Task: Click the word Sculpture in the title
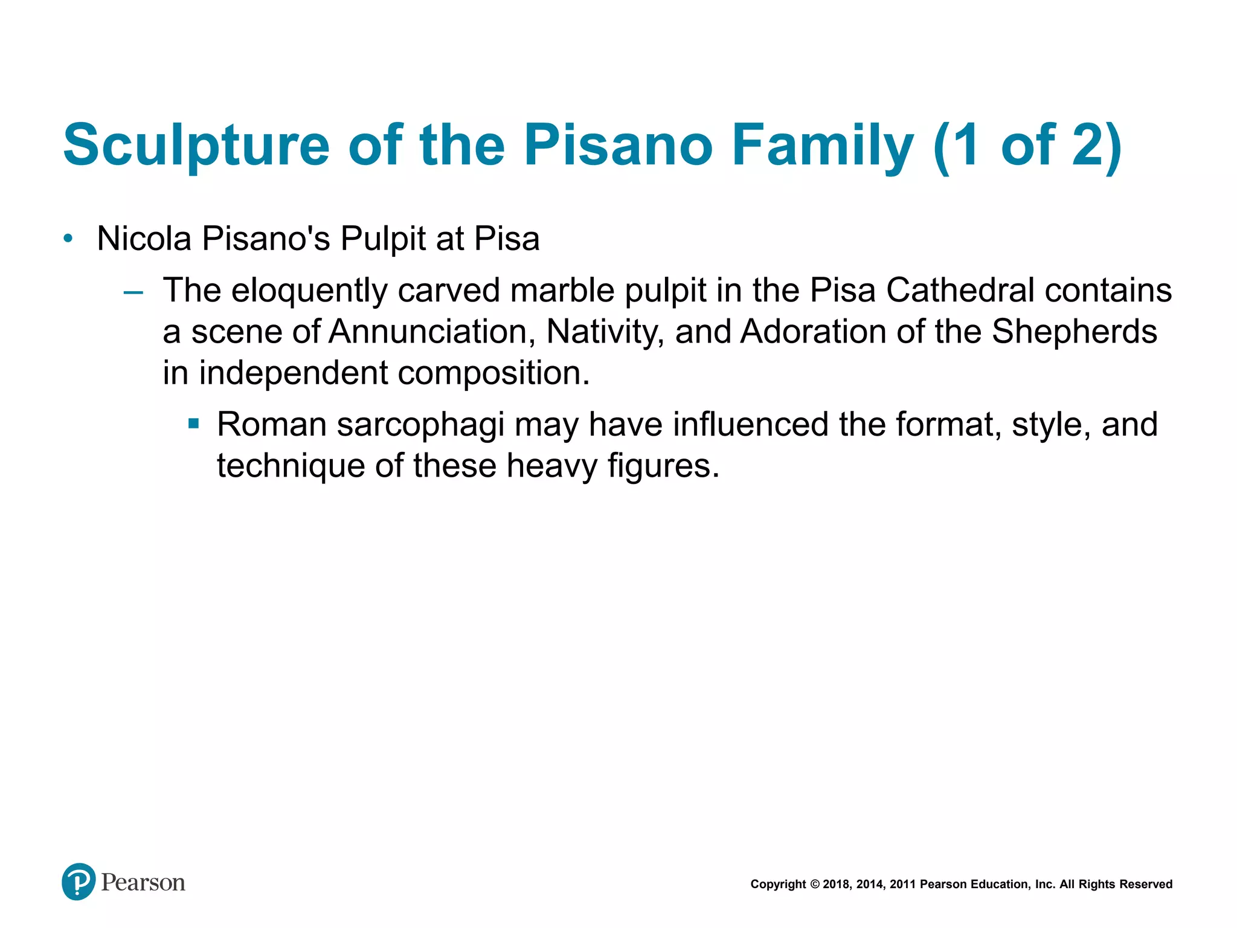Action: tap(196, 145)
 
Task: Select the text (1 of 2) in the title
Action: tap(1027, 145)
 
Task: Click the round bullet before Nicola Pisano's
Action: tap(68, 239)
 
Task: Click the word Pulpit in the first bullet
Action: tap(383, 239)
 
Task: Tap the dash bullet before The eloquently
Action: tap(133, 292)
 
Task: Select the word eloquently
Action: tap(309, 291)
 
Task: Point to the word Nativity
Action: tap(601, 332)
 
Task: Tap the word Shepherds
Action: tap(1074, 332)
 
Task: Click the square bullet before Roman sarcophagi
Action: tap(193, 424)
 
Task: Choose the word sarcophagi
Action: tap(420, 424)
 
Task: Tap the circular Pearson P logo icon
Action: tap(79, 881)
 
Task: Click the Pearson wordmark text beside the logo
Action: tap(143, 883)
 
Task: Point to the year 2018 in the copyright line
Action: tap(836, 884)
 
